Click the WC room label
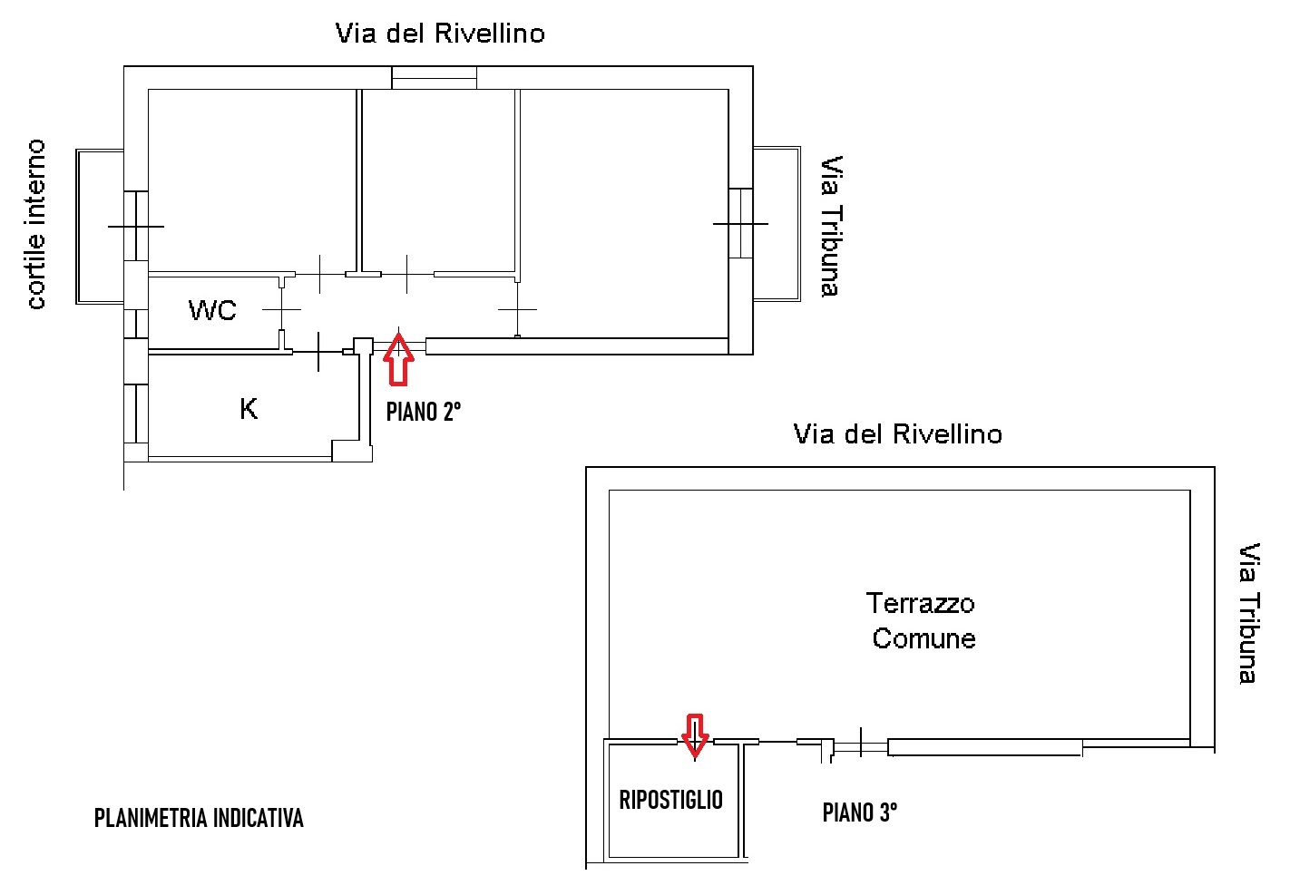point(212,310)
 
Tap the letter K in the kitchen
point(249,409)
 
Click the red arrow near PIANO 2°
point(399,360)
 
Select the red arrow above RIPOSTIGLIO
point(695,734)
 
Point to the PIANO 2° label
point(424,412)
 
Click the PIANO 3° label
point(860,812)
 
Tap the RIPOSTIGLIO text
point(671,800)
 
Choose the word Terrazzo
point(921,604)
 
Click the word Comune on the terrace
point(924,638)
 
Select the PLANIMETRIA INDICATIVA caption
point(199,818)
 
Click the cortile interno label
point(35,224)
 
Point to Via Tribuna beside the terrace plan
point(1250,613)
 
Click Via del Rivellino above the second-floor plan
point(440,34)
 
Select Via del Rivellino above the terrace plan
point(898,434)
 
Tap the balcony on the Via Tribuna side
point(777,223)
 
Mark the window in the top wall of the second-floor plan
point(435,78)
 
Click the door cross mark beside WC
point(282,310)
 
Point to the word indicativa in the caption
point(258,818)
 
